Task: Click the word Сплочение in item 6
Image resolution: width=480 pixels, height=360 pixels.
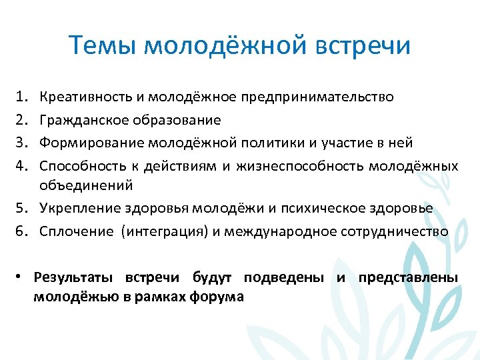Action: click(x=75, y=231)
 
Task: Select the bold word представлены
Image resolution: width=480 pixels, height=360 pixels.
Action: click(x=408, y=277)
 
